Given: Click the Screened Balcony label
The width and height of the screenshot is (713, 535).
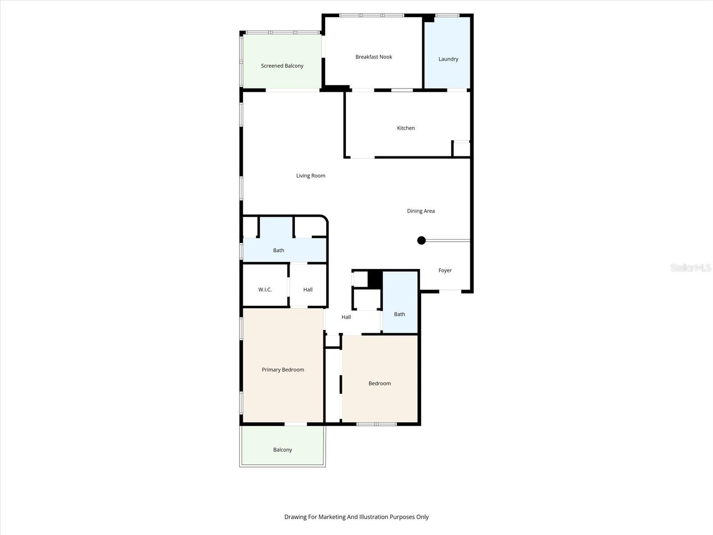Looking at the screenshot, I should (282, 66).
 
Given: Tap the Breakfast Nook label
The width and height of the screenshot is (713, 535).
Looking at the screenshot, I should (373, 57).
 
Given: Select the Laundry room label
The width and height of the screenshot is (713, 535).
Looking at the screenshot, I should (448, 59).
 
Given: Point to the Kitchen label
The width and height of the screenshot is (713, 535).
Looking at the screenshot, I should (406, 128).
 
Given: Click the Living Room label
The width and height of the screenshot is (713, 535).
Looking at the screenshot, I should (311, 176).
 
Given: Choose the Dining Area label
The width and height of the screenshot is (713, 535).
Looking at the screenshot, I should (421, 211).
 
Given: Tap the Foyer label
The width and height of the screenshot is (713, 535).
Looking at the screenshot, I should (445, 271).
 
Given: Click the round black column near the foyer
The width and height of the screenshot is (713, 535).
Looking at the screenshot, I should (421, 241).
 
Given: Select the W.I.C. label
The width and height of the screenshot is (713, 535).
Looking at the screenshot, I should (265, 290).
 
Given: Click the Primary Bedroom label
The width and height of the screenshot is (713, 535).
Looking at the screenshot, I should (283, 370).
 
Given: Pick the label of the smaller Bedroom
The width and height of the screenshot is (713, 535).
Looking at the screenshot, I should (379, 383).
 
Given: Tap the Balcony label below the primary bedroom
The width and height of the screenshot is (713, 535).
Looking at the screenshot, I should (283, 450).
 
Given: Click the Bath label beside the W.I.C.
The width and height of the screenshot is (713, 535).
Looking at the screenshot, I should (279, 251).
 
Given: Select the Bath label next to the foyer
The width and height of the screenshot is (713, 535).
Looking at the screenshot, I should (399, 314).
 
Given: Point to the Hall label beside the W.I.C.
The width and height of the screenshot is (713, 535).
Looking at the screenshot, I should (308, 290).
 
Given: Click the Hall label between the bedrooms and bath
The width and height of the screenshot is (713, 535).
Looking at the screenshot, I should (346, 317).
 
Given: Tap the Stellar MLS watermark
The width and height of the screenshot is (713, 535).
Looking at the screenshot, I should (691, 267).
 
